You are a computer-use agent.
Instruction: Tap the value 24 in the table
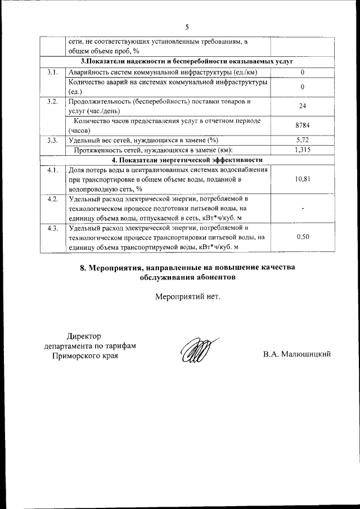click(x=303, y=106)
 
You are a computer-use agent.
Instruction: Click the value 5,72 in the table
click(x=303, y=139)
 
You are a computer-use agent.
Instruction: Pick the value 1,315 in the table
click(x=303, y=150)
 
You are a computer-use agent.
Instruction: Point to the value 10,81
click(x=303, y=179)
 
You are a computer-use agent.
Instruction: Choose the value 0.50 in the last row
click(x=303, y=237)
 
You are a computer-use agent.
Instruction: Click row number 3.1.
click(x=53, y=72)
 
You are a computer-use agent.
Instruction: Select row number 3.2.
click(x=53, y=101)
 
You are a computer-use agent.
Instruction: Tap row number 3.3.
click(x=53, y=139)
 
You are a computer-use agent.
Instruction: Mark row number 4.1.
click(x=53, y=169)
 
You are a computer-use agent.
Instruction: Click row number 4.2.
click(x=53, y=199)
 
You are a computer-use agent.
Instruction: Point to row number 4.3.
click(x=53, y=227)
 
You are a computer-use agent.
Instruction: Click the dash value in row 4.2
click(x=303, y=208)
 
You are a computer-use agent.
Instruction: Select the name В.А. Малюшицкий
click(x=296, y=354)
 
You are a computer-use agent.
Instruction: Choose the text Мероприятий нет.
click(x=187, y=296)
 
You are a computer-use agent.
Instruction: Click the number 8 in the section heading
click(x=83, y=268)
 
